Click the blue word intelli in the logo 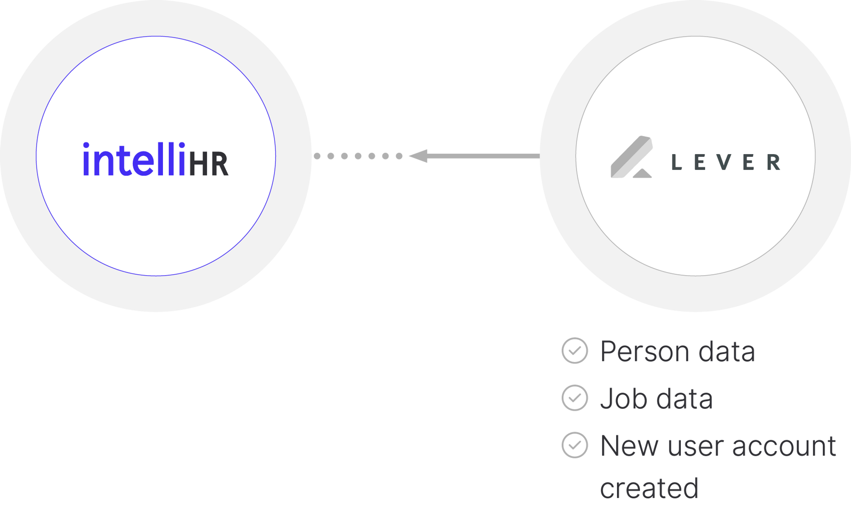click(x=134, y=159)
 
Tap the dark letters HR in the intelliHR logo click(x=208, y=164)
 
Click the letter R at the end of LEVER click(x=774, y=162)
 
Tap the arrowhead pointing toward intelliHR click(x=418, y=156)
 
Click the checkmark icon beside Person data click(x=575, y=351)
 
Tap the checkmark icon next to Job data click(x=575, y=397)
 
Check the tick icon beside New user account click(x=575, y=445)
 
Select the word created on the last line click(x=649, y=489)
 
